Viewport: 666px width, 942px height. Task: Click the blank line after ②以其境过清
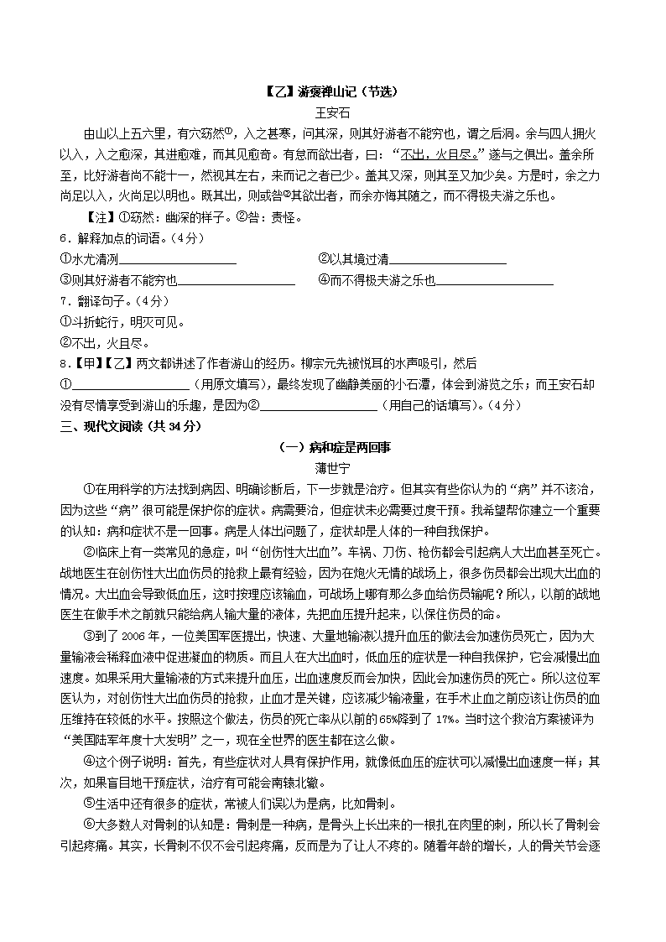448,260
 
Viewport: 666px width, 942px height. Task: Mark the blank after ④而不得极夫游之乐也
495,281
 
